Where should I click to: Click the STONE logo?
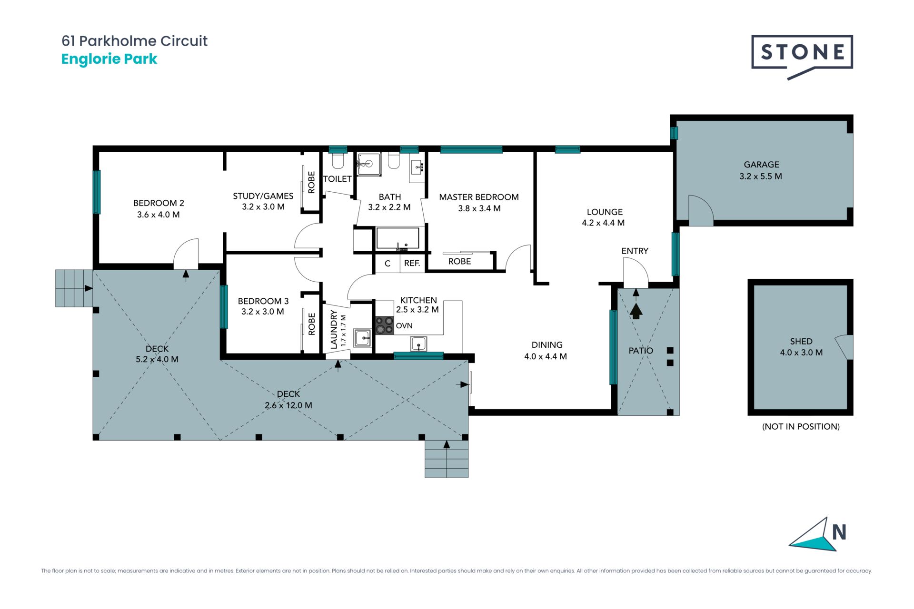pyautogui.click(x=802, y=56)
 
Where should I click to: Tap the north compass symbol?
pyautogui.click(x=818, y=535)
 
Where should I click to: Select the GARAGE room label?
pyautogui.click(x=761, y=165)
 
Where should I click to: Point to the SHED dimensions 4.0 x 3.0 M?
pyautogui.click(x=801, y=353)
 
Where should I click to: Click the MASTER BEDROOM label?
pyautogui.click(x=479, y=197)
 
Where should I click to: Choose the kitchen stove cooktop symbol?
pyautogui.click(x=385, y=325)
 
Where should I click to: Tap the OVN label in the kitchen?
pyautogui.click(x=404, y=326)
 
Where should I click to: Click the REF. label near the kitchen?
pyautogui.click(x=412, y=263)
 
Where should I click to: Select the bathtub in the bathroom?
pyautogui.click(x=398, y=238)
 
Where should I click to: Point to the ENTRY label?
pyautogui.click(x=635, y=251)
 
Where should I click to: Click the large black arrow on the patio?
pyautogui.click(x=636, y=311)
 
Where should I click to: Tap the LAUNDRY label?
pyautogui.click(x=334, y=329)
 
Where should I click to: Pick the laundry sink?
pyautogui.click(x=363, y=338)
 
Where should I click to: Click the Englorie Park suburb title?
pyautogui.click(x=109, y=59)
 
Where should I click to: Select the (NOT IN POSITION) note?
pyautogui.click(x=801, y=426)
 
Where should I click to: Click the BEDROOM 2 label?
pyautogui.click(x=159, y=203)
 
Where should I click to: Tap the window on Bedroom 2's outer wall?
pyautogui.click(x=97, y=192)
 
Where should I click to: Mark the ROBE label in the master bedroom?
pyautogui.click(x=459, y=261)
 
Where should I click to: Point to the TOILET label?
pyautogui.click(x=337, y=179)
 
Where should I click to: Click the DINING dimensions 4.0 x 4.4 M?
pyautogui.click(x=546, y=356)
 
